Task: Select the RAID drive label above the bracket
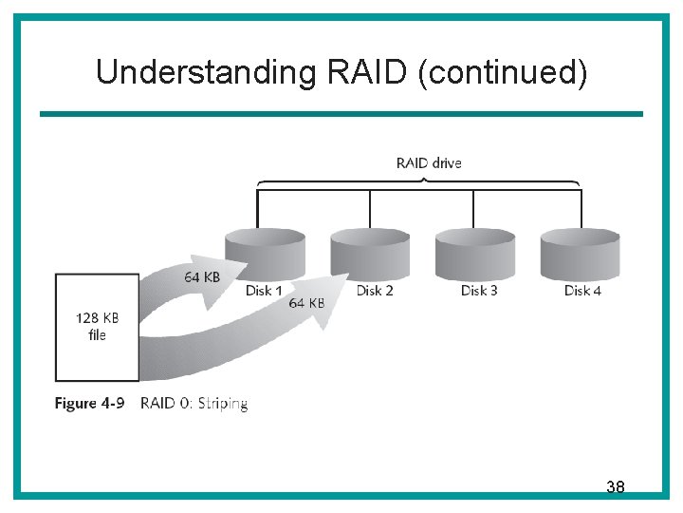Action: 429,162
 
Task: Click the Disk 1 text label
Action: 264,291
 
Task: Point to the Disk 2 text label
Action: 375,291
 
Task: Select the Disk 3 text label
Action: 479,291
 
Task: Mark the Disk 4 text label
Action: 582,291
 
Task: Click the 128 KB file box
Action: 97,327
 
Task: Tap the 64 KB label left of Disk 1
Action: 204,277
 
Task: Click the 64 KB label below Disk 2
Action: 306,303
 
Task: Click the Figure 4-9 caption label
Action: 89,404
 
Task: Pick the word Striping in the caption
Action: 223,404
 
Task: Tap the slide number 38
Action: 615,487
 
